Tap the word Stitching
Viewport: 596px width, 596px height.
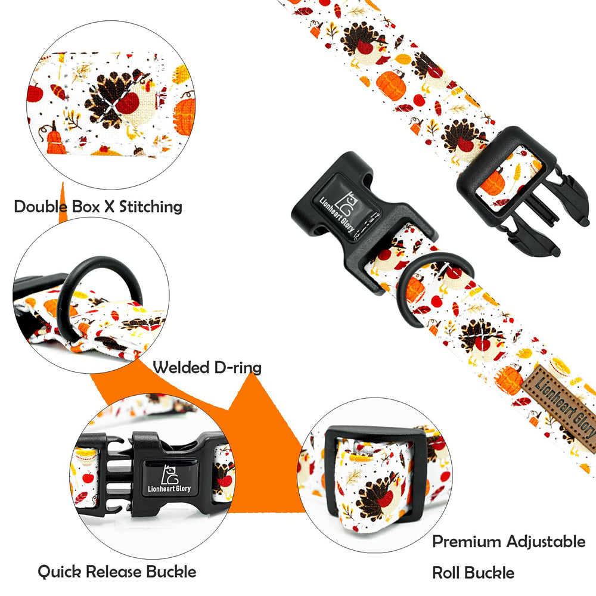pyautogui.click(x=151, y=207)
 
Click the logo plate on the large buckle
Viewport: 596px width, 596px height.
pyautogui.click(x=346, y=208)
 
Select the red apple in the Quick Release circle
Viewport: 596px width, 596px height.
pyautogui.click(x=88, y=477)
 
